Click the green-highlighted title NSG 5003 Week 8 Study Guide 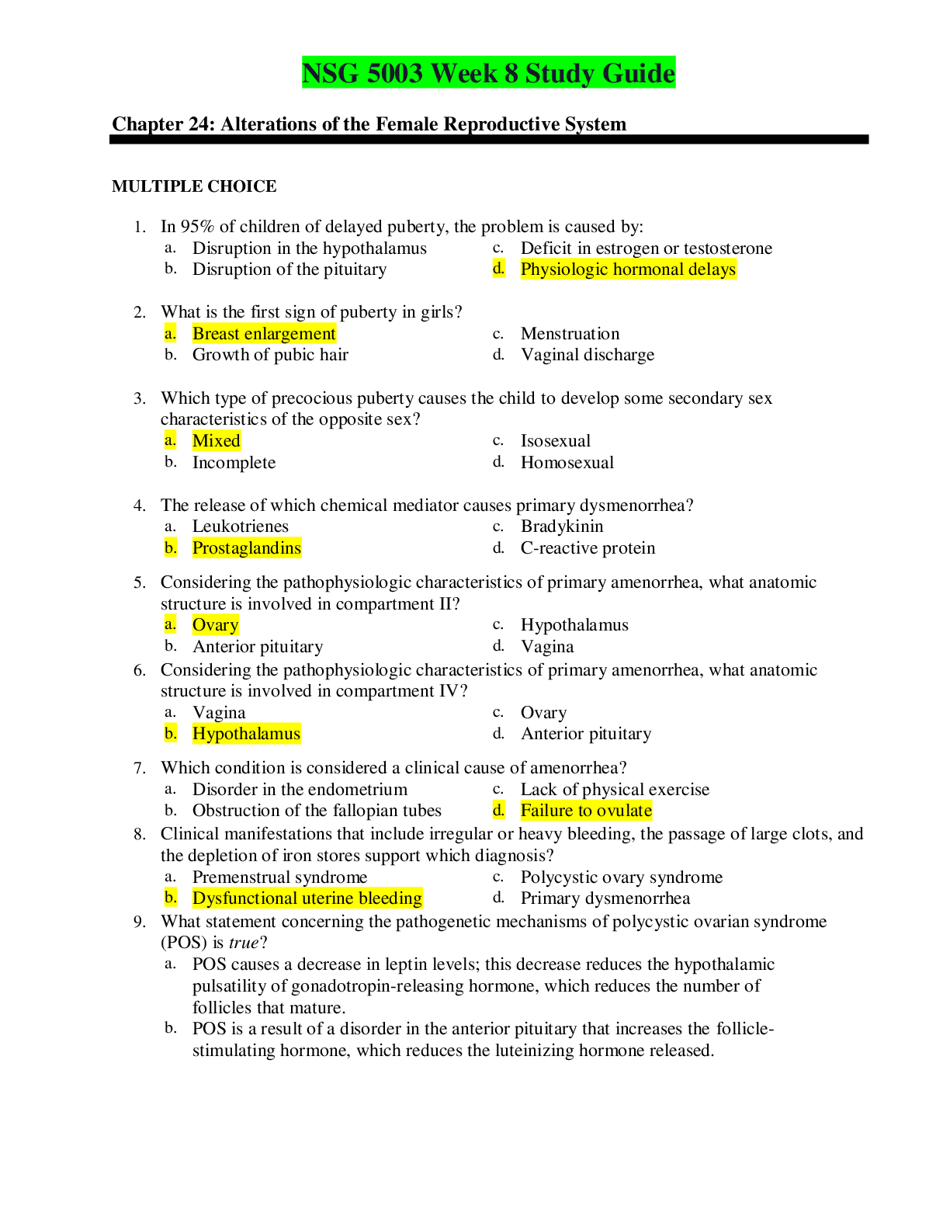point(488,73)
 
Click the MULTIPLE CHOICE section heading point(194,186)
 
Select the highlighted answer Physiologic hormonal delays point(628,269)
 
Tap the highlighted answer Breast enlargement point(264,334)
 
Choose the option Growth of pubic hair point(270,355)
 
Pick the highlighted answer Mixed point(217,441)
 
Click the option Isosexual point(556,441)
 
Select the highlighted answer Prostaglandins point(247,548)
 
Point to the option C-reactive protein point(588,548)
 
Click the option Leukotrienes point(241,526)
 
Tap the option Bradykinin point(562,526)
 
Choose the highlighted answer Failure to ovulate point(586,811)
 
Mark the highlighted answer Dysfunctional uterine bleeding point(307,898)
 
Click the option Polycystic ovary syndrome point(622,877)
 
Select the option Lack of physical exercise point(615,790)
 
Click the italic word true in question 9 point(244,943)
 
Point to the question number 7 point(140,769)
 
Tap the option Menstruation point(570,334)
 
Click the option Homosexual point(567,463)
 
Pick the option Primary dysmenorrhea point(605,898)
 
